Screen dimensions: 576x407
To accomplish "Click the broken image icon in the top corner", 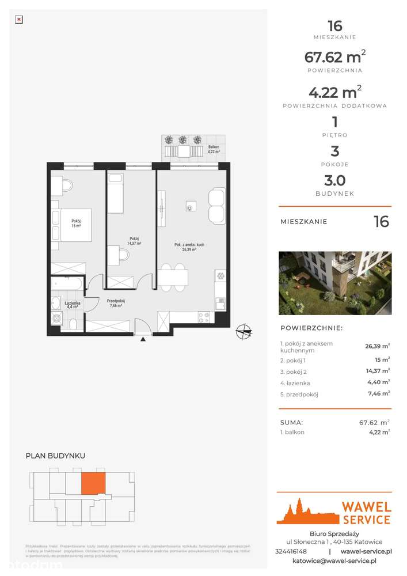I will tap(18, 19).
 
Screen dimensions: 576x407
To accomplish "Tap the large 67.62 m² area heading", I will tap(334, 57).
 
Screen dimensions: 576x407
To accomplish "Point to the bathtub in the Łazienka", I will tap(68, 283).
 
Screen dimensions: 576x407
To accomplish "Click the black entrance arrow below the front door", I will tap(142, 339).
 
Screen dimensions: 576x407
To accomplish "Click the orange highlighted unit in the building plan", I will tap(93, 483).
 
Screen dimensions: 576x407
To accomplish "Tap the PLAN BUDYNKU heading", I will tap(55, 456).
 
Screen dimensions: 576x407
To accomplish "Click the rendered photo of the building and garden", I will tap(334, 283).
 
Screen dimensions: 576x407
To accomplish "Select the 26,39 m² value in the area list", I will tap(377, 347).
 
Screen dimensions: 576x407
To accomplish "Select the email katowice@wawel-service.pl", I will tap(334, 560).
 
